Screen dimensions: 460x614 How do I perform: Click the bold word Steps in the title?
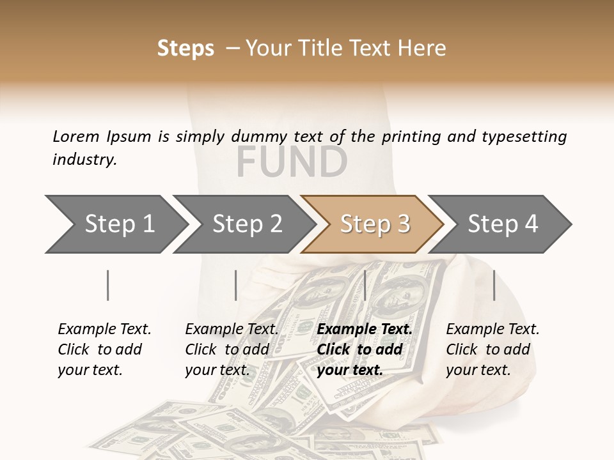[185, 49]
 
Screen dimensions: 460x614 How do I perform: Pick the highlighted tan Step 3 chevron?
[374, 224]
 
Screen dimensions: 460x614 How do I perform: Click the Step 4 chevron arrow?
[502, 224]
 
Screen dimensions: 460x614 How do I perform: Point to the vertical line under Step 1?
[108, 285]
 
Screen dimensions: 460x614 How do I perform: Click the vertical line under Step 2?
[236, 285]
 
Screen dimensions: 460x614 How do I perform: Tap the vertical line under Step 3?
[365, 285]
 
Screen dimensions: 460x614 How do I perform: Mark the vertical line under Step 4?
[494, 285]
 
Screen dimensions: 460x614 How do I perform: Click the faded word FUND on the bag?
[292, 162]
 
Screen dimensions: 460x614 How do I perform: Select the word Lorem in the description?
[76, 136]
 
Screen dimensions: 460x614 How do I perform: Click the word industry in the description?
[84, 160]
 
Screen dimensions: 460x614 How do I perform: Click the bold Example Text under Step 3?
[365, 329]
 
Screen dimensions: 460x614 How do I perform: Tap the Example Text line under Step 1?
[104, 329]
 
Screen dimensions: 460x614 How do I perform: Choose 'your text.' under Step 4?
[478, 370]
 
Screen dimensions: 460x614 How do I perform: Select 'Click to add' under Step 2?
[227, 349]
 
